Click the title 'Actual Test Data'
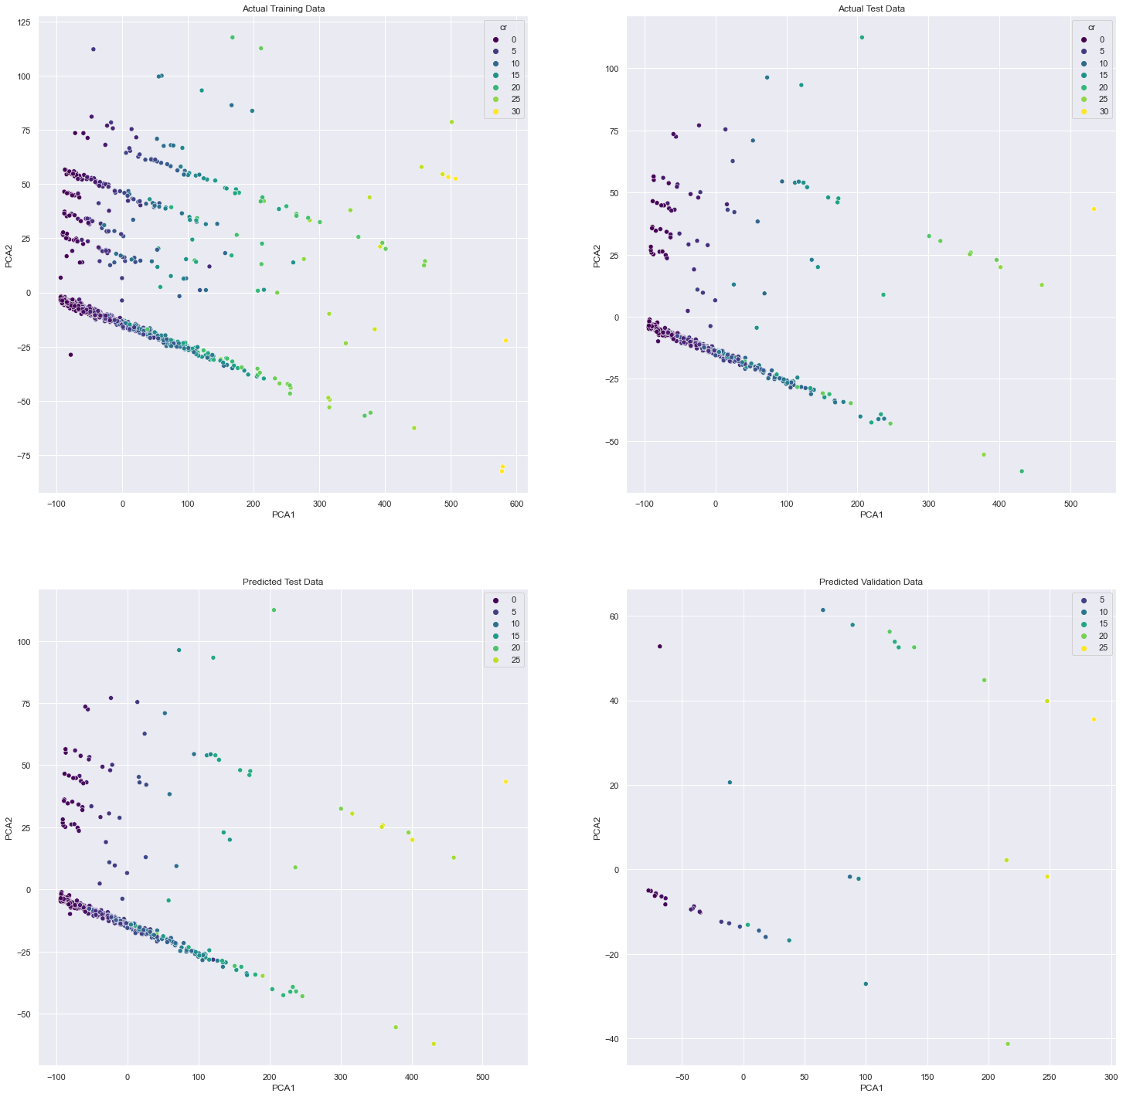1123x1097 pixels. point(871,8)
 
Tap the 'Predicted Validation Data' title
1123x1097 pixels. point(871,582)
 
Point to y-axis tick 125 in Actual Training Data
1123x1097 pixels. point(24,22)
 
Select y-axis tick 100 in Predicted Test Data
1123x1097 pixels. point(24,642)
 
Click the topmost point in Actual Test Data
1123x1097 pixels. point(862,37)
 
